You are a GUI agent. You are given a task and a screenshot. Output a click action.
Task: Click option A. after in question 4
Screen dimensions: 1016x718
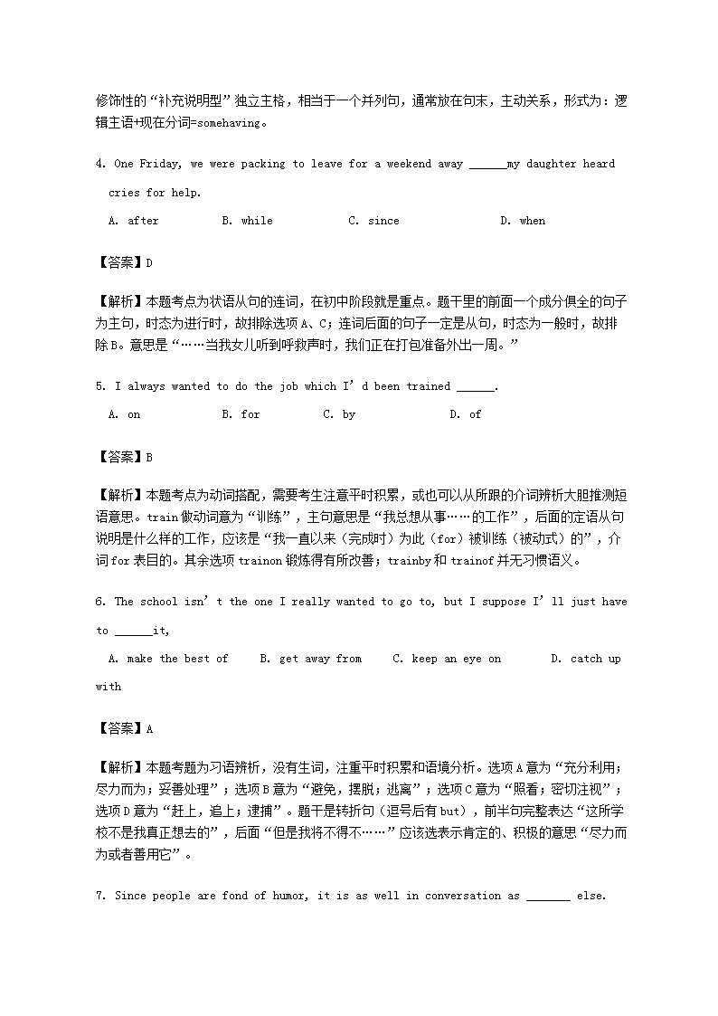[x=133, y=221]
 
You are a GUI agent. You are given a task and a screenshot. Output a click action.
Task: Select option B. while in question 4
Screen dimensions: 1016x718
[x=246, y=221]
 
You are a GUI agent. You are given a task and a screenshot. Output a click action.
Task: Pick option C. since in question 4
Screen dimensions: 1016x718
[x=373, y=221]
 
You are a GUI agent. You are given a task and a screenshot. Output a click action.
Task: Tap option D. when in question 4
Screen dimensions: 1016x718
[x=523, y=221]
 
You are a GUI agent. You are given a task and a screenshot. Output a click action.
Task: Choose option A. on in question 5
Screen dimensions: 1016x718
[x=124, y=414]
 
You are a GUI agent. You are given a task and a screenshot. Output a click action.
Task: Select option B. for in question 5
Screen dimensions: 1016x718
[x=241, y=414]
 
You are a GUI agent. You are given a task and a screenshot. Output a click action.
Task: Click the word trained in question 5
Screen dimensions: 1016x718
[x=428, y=386]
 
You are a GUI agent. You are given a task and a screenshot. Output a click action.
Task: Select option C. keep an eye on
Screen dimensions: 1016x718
[x=447, y=659]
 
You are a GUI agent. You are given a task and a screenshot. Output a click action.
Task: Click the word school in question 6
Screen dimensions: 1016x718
[x=159, y=602]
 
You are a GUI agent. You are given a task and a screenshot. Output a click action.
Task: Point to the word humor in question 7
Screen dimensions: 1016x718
[x=291, y=896]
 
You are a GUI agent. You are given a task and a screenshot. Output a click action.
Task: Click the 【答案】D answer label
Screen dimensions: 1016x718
[x=124, y=263]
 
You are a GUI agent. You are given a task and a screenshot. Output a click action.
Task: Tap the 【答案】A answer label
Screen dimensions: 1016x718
[x=124, y=728]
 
